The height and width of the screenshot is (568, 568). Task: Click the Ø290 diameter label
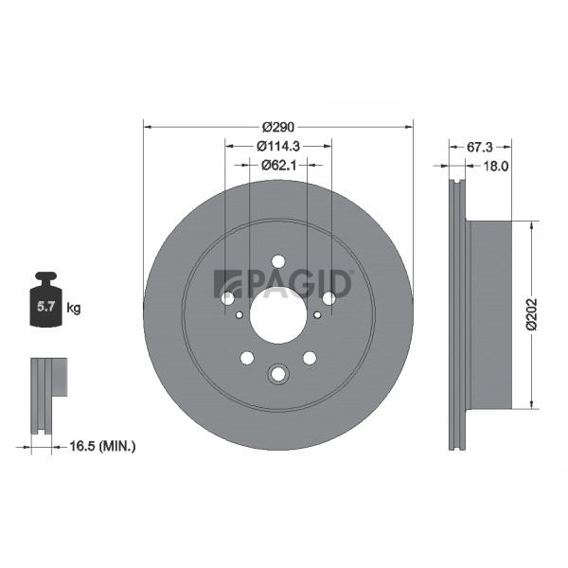[278, 127]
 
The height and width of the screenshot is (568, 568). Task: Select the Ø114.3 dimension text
[277, 147]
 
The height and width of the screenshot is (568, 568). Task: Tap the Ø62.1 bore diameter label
[278, 165]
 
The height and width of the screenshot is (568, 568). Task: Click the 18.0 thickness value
[496, 167]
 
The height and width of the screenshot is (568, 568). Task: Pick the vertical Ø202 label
[532, 314]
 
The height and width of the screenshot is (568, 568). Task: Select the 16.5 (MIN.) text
[102, 446]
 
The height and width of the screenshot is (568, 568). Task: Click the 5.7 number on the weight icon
[46, 307]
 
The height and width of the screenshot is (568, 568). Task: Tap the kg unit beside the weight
[74, 309]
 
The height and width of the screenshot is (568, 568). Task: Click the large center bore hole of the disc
[278, 313]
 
